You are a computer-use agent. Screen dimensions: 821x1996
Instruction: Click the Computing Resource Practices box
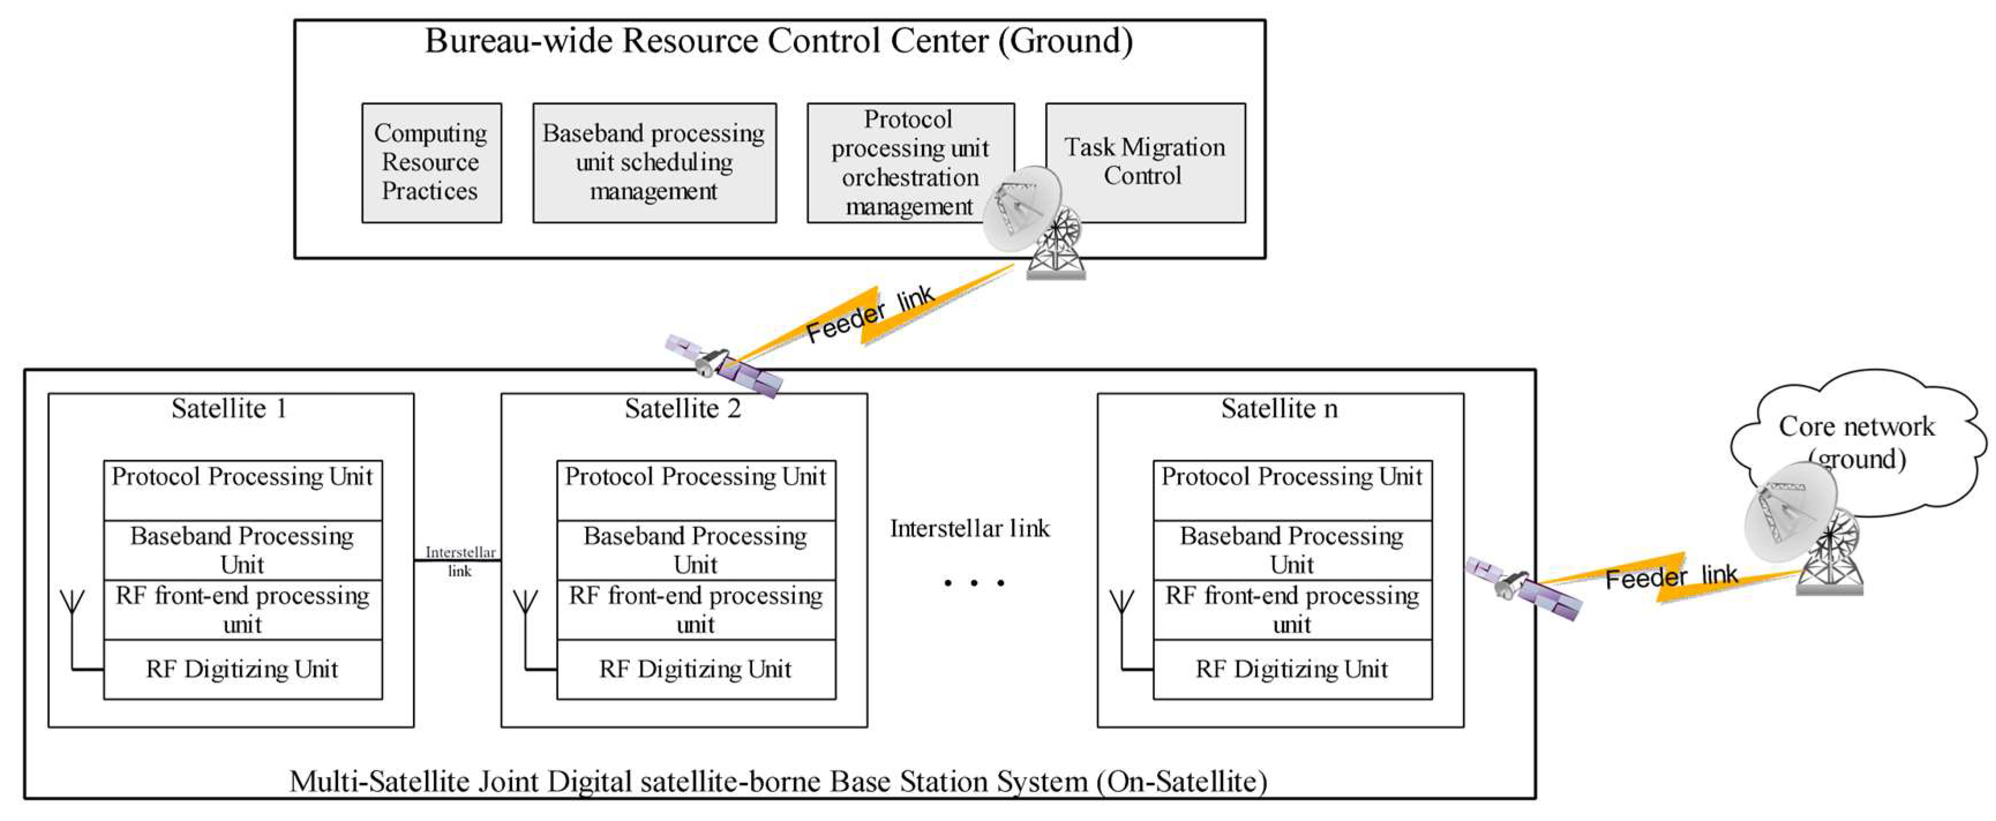coord(431,163)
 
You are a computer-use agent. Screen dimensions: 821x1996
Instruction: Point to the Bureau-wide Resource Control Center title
coord(779,41)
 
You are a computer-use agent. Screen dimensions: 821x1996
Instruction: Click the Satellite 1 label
coord(230,408)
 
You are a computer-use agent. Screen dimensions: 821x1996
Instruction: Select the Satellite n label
coord(1280,408)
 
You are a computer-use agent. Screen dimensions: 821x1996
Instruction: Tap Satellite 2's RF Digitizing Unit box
coord(695,669)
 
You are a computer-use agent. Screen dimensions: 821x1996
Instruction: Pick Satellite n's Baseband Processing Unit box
coord(1292,550)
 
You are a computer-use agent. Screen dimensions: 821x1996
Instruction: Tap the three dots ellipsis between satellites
coord(974,582)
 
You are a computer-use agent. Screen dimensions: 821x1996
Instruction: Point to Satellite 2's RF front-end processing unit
coord(695,609)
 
